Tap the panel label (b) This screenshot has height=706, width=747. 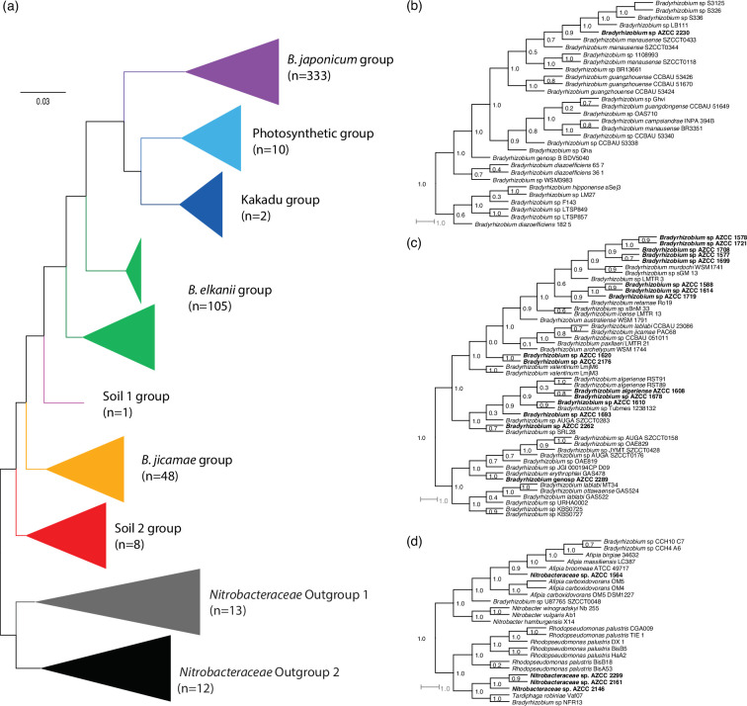coord(424,10)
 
